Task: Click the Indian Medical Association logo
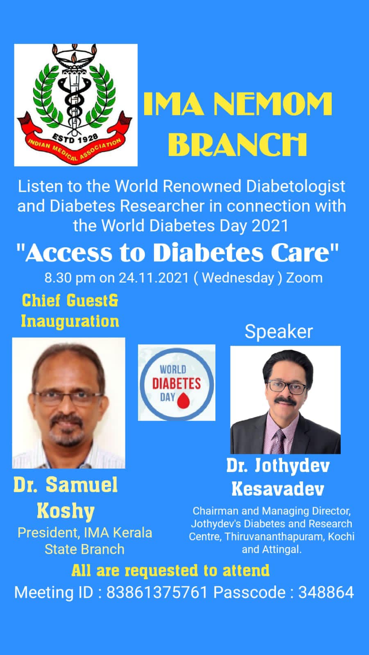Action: pyautogui.click(x=76, y=104)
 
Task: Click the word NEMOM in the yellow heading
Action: pyautogui.click(x=273, y=105)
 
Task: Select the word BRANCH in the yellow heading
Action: pyautogui.click(x=238, y=144)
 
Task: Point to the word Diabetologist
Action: pyautogui.click(x=295, y=186)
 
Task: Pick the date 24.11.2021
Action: pyautogui.click(x=154, y=278)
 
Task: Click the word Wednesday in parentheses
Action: pyautogui.click(x=238, y=278)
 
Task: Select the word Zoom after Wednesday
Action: pyautogui.click(x=304, y=278)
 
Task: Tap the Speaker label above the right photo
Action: pyautogui.click(x=278, y=331)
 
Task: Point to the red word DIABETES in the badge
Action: pyautogui.click(x=176, y=384)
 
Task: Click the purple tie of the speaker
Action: pyautogui.click(x=280, y=440)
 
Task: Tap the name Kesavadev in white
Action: pyautogui.click(x=278, y=488)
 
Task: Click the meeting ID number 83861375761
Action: pyautogui.click(x=157, y=592)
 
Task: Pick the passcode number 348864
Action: pyautogui.click(x=326, y=592)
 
